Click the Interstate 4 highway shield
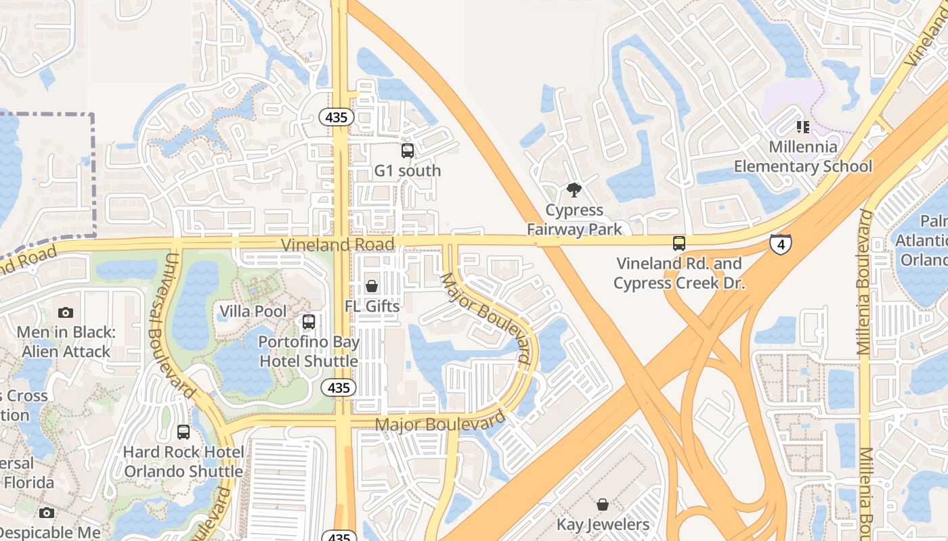click(x=781, y=243)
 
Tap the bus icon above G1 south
click(x=407, y=151)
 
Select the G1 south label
click(x=408, y=171)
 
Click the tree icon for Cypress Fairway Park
click(x=574, y=190)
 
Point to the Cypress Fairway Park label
click(x=574, y=220)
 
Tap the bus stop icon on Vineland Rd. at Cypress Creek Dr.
click(x=678, y=243)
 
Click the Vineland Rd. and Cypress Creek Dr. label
click(x=679, y=273)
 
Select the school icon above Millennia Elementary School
click(x=803, y=126)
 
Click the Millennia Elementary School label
click(x=803, y=156)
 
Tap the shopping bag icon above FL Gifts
click(x=371, y=286)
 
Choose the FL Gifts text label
click(x=372, y=306)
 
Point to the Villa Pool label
click(x=253, y=312)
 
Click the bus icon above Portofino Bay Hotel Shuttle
click(x=309, y=322)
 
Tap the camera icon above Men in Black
click(x=66, y=312)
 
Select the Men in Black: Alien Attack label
click(x=66, y=342)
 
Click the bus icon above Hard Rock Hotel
click(x=183, y=431)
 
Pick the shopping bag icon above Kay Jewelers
click(x=602, y=504)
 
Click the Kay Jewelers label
click(x=603, y=525)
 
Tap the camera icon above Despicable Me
click(x=46, y=513)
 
